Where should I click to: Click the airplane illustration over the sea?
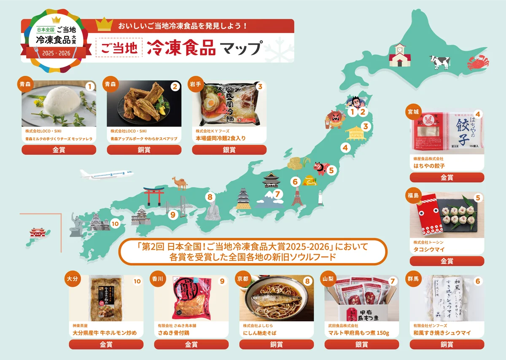pos(104,174)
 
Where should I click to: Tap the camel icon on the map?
pos(179,183)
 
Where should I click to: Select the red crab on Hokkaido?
pos(478,64)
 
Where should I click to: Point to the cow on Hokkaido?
pos(440,62)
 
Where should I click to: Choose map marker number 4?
pos(345,148)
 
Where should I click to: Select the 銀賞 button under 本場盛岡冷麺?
pos(229,150)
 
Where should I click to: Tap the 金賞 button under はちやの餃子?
pos(447,177)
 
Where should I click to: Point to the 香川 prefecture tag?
pos(156,279)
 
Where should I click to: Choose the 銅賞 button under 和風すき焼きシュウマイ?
pos(447,344)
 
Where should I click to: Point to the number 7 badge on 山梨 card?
pos(392,281)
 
